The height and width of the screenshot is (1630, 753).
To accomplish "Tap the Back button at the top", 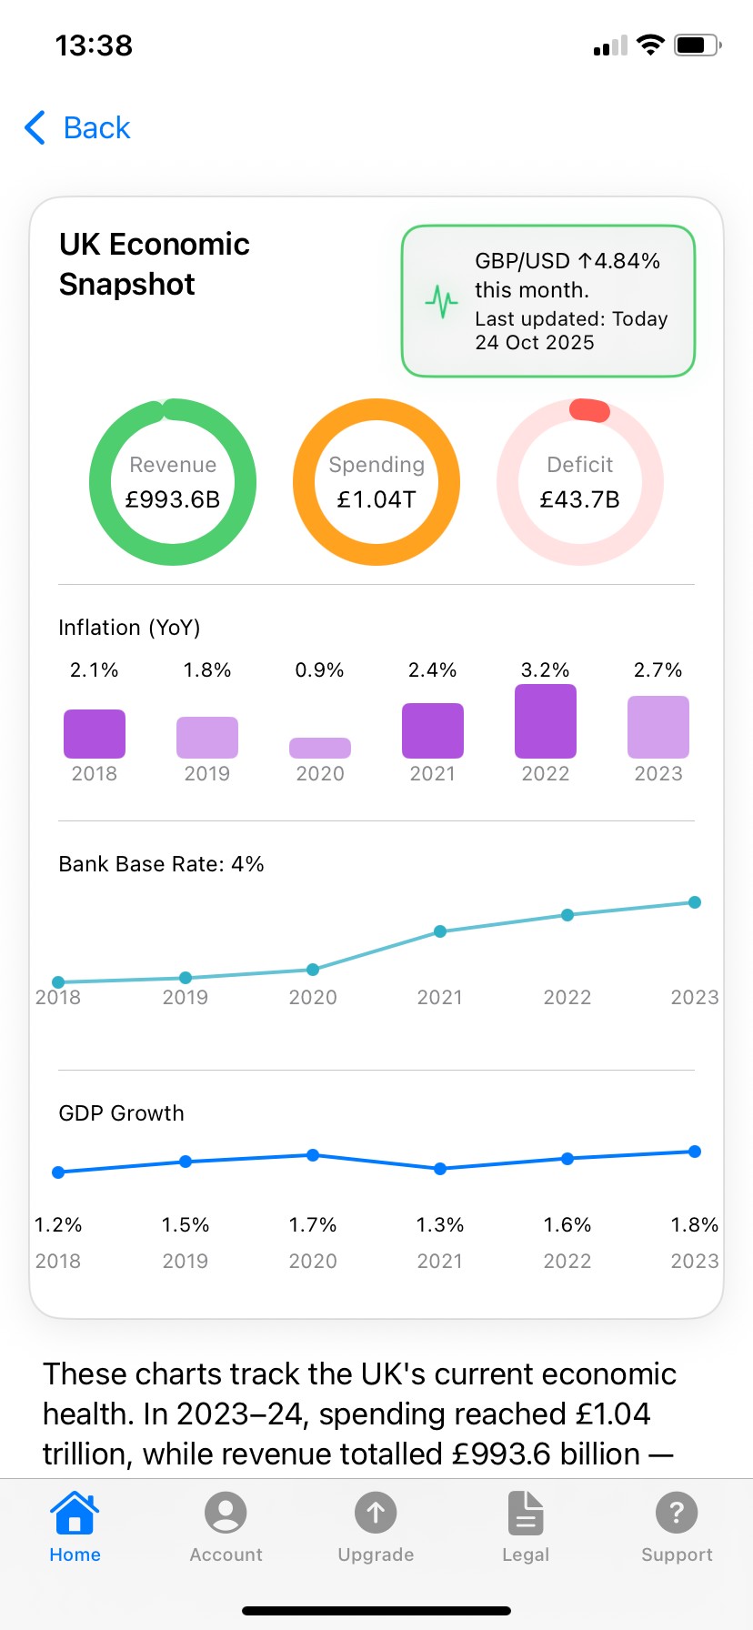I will pos(78,128).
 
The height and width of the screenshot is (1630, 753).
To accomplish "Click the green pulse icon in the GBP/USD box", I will pos(442,301).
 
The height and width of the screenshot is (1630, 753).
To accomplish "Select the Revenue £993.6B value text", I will pos(173,499).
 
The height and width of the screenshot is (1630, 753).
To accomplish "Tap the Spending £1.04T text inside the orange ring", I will pos(376,499).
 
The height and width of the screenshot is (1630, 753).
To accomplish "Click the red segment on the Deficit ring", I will pos(589,410).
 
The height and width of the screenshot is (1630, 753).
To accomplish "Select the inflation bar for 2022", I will pos(546,721).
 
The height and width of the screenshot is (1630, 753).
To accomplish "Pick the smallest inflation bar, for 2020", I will pos(320,748).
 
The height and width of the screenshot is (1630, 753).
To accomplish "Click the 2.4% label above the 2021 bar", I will pos(433,670).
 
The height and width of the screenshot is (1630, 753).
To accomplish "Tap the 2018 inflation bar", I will pos(95,734).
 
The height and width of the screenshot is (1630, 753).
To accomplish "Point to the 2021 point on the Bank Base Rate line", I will pos(440,931).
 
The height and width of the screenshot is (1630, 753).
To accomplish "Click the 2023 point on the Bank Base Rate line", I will pos(695,902).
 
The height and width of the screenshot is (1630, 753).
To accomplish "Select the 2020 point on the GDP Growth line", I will pos(313,1155).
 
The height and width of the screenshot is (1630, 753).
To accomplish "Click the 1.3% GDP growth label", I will pos(440,1225).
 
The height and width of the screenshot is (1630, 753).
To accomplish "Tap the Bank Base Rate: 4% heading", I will pos(161,864).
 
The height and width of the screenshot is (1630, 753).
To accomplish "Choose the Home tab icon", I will pos(75,1514).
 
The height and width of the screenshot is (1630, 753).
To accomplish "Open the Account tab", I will pos(226,1514).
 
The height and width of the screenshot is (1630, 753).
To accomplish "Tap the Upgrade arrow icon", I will pos(376,1514).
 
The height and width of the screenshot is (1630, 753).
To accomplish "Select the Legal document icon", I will pos(526,1514).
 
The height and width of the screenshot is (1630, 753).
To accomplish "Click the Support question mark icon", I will pos(677,1514).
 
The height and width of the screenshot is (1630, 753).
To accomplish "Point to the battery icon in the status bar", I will pos(697,45).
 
